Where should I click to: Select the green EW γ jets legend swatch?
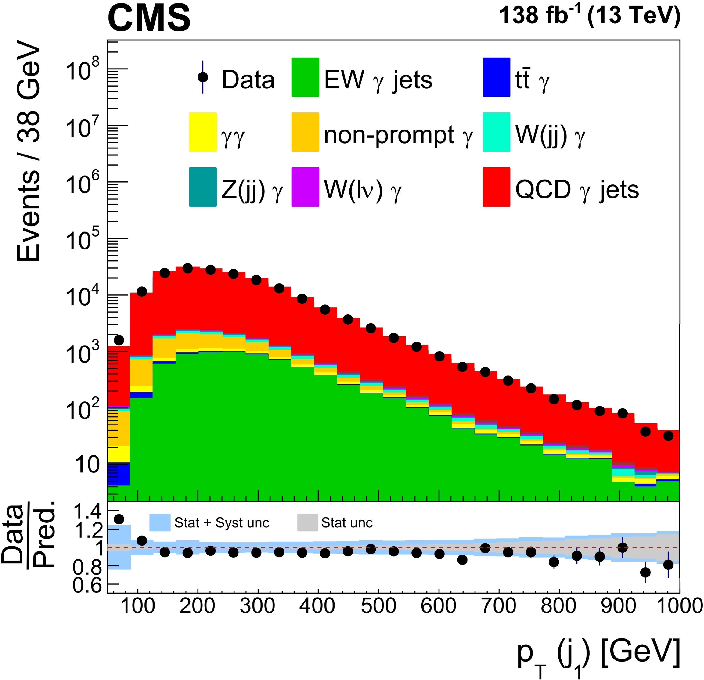click(305, 77)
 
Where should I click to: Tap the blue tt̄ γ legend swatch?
click(496, 77)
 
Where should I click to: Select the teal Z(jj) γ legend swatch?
click(203, 187)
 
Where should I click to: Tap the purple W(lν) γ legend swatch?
click(305, 187)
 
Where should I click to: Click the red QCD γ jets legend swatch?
click(496, 187)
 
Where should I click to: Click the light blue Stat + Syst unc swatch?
click(160, 523)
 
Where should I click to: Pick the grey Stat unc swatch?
click(307, 523)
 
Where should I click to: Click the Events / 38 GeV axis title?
click(29, 151)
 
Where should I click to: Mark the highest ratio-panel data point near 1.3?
click(119, 519)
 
